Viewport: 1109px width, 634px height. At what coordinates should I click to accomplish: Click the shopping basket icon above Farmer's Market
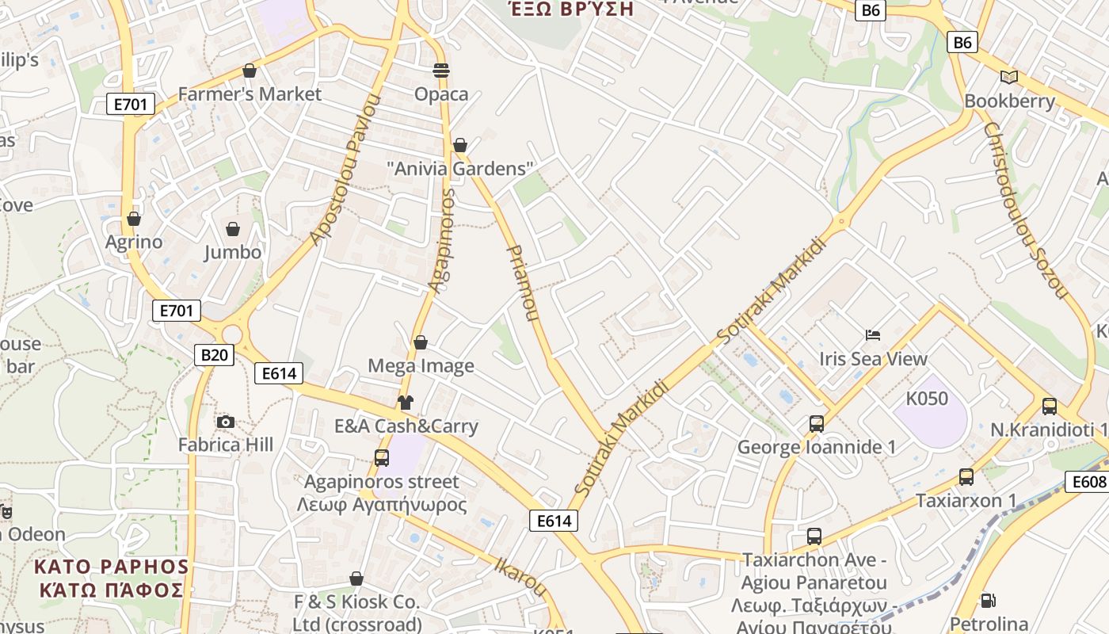(x=250, y=71)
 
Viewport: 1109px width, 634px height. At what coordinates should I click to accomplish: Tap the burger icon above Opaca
(x=441, y=71)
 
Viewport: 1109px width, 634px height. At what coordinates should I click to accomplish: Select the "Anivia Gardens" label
(x=460, y=169)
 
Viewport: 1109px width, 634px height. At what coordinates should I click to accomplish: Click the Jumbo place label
(x=233, y=252)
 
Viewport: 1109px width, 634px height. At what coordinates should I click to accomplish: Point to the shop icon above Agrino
(x=134, y=219)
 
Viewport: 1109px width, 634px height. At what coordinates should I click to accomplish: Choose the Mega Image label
(x=421, y=365)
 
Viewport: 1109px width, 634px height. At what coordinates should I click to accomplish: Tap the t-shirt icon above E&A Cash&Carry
(x=406, y=403)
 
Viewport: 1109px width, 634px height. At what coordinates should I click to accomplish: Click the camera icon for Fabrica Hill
(x=226, y=422)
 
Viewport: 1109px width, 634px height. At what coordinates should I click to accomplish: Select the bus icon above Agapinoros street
(x=382, y=457)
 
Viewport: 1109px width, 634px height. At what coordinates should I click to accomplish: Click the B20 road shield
(x=214, y=355)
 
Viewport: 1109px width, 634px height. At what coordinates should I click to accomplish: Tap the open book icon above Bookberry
(x=1008, y=77)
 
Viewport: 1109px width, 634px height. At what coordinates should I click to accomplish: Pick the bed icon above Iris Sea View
(x=873, y=335)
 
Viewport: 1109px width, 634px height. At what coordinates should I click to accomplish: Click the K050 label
(x=927, y=398)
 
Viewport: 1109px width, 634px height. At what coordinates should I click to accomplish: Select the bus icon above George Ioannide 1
(x=817, y=424)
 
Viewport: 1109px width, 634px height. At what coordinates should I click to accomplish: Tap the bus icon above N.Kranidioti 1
(x=1050, y=407)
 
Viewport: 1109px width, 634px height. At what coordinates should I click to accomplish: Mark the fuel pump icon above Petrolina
(x=988, y=601)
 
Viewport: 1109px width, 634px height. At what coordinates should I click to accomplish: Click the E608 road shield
(x=1086, y=482)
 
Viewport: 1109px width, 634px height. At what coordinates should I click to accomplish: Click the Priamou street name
(x=522, y=282)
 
